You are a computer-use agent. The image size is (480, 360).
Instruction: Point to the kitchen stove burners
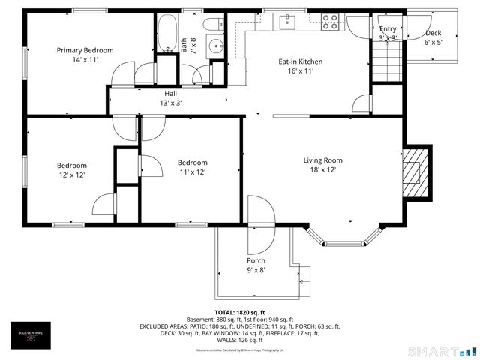point(330,22)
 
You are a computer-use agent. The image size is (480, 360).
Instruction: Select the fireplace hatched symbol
point(412,172)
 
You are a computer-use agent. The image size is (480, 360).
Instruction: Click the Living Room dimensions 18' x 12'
point(322,170)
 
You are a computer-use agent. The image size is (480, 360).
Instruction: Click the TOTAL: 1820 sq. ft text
point(240,312)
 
